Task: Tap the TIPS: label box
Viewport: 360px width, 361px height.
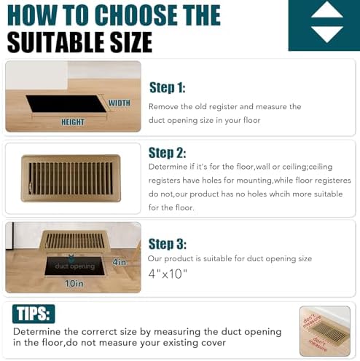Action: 34,313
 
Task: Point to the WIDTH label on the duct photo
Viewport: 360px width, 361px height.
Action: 119,103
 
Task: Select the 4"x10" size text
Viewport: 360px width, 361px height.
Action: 168,274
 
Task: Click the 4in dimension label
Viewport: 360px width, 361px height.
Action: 120,261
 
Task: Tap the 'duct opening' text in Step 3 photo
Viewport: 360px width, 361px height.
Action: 74,266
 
